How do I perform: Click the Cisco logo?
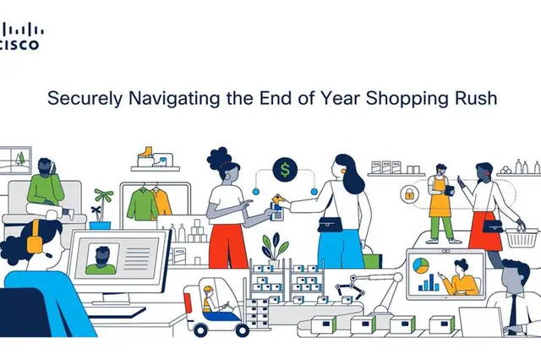21,35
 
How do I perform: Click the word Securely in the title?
85,99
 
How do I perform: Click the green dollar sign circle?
285,169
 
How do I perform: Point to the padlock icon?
409,194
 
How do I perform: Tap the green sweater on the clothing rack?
142,205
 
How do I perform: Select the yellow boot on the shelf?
145,153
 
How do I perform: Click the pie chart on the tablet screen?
421,265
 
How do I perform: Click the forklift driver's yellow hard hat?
208,289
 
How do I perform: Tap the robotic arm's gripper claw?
348,286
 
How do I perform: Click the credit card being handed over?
278,199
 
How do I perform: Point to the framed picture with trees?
15,161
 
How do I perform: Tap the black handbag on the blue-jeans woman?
331,225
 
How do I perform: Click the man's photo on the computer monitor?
101,259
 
